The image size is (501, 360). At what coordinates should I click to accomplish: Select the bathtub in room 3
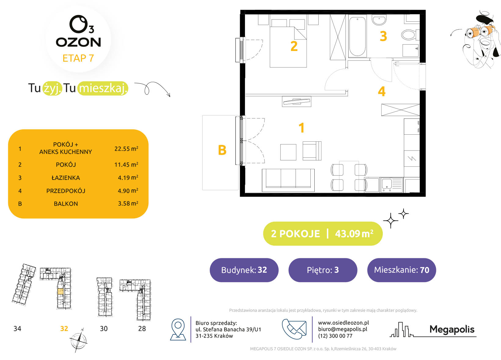pos(357,36)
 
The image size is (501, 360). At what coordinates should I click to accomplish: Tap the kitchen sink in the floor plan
pos(391,185)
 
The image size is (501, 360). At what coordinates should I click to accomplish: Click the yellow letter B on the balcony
pos(222,150)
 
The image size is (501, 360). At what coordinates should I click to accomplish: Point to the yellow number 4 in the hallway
pos(382,92)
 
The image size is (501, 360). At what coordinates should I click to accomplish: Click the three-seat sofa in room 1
pos(288,180)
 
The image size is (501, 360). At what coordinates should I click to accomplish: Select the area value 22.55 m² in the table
pos(126,148)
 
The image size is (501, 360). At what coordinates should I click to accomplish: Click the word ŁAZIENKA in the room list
pos(66,178)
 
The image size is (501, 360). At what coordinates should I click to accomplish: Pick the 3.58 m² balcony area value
pos(128,203)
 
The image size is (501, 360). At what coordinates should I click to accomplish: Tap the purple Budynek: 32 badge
pos(244,270)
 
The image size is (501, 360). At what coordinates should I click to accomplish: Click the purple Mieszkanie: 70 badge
pos(401,270)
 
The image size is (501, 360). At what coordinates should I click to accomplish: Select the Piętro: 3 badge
pos(323,270)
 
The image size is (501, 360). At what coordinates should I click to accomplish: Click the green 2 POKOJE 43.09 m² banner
pos(323,234)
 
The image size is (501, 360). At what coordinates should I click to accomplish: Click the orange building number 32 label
pos(64,329)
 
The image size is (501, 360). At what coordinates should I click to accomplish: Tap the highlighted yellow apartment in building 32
pos(60,291)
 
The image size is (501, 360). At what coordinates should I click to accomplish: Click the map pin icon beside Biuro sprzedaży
pos(178,329)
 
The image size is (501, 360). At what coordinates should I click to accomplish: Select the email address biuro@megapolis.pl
pos(343,329)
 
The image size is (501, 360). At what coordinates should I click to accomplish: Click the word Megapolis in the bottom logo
pos(452,329)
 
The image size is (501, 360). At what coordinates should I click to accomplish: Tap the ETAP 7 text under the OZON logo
pos(78,58)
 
